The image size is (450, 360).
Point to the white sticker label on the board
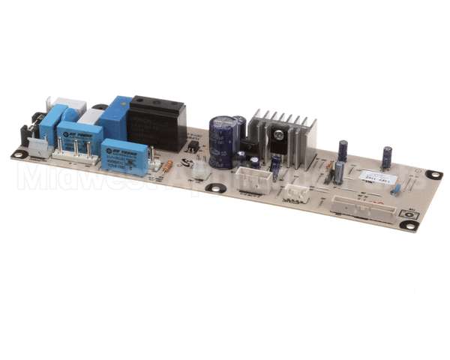tap(373, 178)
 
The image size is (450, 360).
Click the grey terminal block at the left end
tap(40, 148)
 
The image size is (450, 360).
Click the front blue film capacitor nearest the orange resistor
tap(124, 156)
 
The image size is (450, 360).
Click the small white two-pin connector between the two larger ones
tap(295, 192)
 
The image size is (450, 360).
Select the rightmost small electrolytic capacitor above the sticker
tap(387, 157)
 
